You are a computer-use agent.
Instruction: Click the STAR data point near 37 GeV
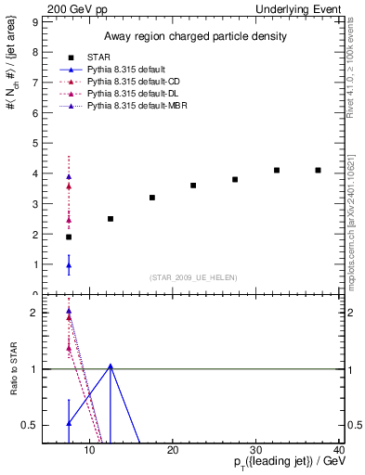pos(318,170)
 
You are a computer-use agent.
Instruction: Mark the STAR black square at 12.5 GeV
pos(111,219)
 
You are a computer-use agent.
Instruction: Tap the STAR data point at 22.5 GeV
pos(193,186)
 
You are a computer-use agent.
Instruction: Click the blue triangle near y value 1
pos(69,265)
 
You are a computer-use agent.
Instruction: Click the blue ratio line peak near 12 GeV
pos(111,366)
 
